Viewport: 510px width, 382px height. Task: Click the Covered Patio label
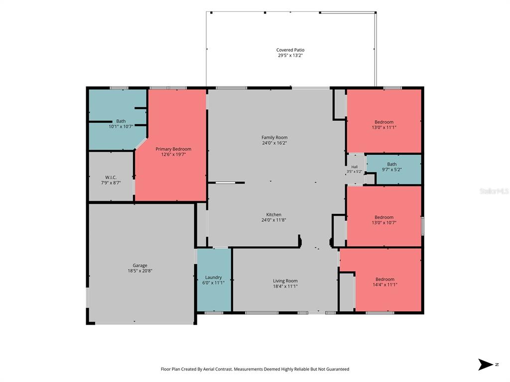tap(290, 50)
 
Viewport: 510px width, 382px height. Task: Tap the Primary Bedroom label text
tap(173, 149)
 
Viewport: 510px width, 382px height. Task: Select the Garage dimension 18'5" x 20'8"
tap(140, 271)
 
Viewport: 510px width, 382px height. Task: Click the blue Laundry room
tap(214, 280)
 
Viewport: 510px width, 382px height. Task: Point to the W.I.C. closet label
tap(111, 178)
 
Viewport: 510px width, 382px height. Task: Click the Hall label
tap(355, 167)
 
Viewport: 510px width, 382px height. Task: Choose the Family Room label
tap(274, 137)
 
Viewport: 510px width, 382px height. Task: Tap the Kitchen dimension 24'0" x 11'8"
tap(274, 220)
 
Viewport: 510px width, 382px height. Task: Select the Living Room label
tap(285, 281)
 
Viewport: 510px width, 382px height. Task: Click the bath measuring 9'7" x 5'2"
tap(394, 169)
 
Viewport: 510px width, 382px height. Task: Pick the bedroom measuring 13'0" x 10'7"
tap(384, 216)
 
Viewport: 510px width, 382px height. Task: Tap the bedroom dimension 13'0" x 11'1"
tap(384, 127)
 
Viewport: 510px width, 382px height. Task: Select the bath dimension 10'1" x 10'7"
tap(121, 126)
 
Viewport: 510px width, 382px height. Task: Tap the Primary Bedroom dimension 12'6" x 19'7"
tap(173, 154)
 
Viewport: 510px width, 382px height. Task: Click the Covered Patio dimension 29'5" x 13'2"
tap(290, 55)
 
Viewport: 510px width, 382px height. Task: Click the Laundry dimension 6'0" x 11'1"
tap(213, 283)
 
